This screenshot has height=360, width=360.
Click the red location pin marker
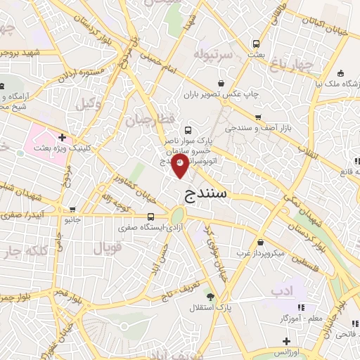tap(180, 167)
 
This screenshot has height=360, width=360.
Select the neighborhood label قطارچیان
tap(148, 120)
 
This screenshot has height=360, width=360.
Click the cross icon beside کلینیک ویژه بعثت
tap(63, 137)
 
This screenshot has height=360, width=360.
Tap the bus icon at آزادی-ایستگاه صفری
tap(151, 217)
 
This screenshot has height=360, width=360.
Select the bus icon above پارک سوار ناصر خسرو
tap(188, 130)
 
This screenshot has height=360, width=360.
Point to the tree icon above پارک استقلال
tap(210, 296)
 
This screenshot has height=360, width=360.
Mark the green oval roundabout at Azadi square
tap(178, 215)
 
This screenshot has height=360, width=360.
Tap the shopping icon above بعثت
tap(257, 43)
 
